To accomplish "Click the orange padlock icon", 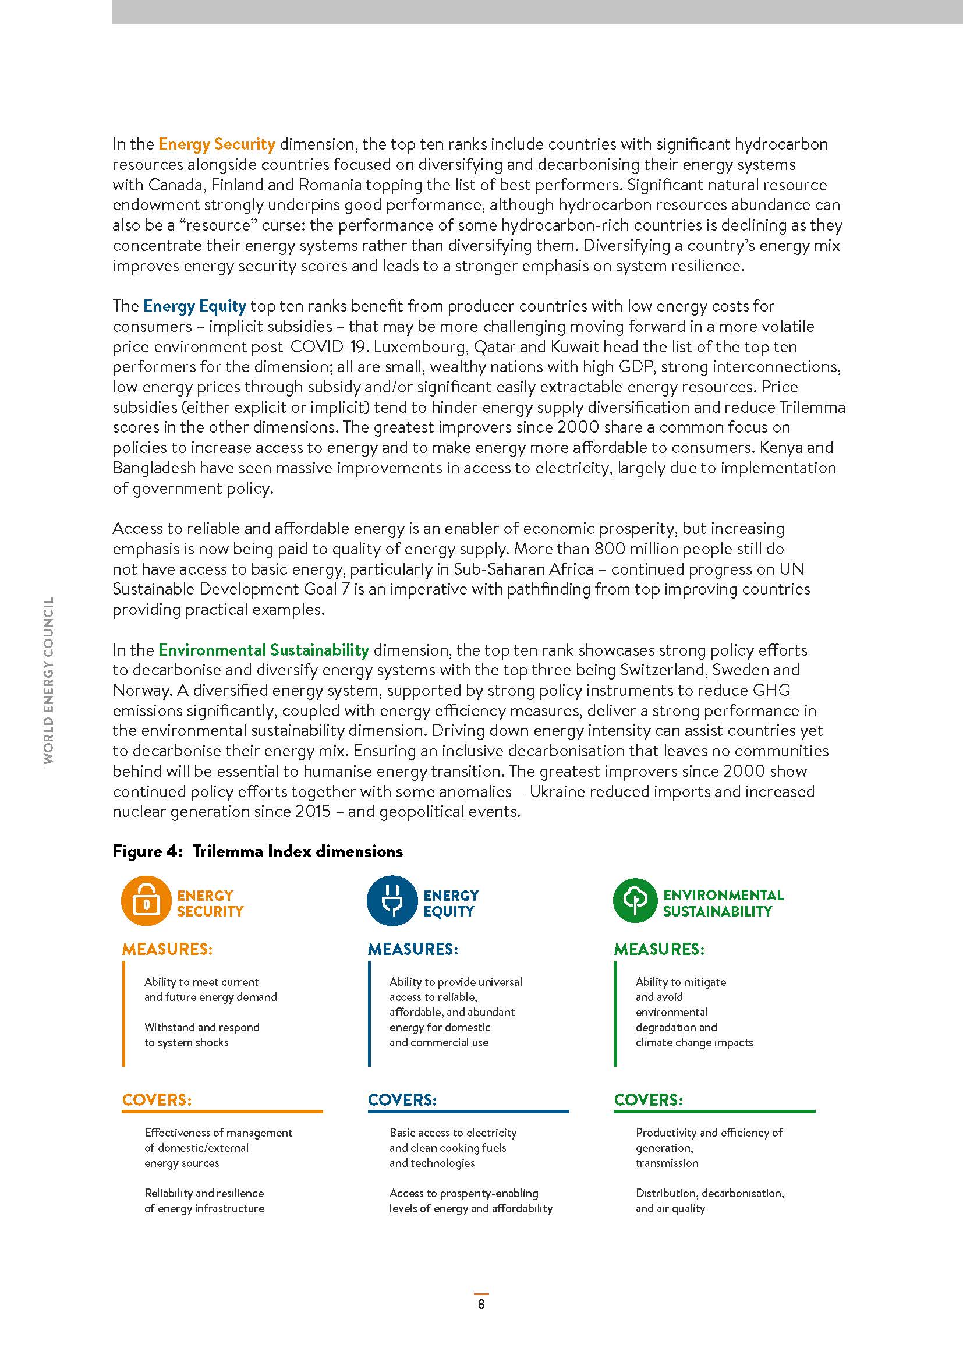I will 146,900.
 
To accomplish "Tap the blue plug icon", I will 392,900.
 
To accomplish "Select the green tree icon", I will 635,900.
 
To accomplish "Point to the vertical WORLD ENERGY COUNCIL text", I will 49,680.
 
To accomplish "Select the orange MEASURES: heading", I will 167,949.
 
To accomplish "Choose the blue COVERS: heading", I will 402,1100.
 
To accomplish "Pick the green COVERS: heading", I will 648,1100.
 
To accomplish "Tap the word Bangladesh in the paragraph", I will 154,468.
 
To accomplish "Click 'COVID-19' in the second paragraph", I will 329,346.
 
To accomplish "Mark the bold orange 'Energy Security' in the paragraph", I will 217,144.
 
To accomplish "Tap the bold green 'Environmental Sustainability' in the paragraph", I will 263,650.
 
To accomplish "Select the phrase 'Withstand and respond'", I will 201,1027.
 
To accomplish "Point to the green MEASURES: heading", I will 659,949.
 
